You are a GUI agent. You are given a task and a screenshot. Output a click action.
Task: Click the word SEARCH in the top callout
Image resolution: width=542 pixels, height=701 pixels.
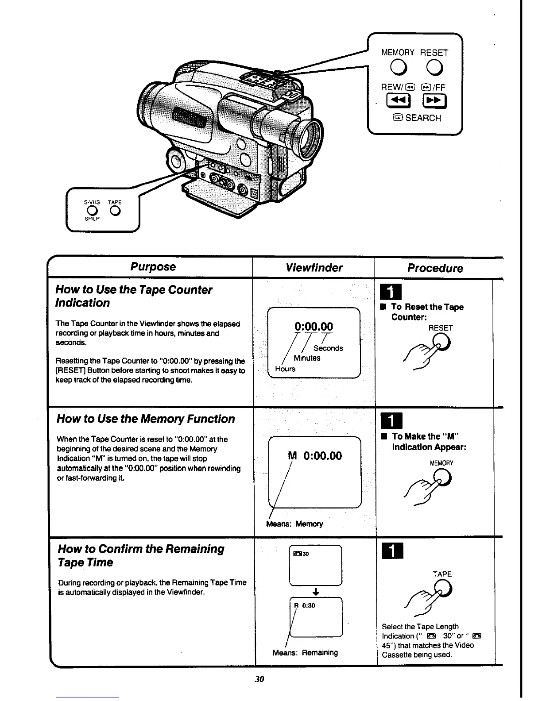click(423, 118)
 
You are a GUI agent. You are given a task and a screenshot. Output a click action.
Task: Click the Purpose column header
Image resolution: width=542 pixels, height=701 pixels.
click(153, 267)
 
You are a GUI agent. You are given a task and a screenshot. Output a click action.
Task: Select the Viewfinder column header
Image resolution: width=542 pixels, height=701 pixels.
click(314, 268)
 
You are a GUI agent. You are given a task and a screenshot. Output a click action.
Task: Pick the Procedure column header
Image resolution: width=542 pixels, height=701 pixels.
click(435, 268)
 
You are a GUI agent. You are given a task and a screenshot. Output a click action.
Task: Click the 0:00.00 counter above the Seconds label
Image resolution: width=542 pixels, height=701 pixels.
click(314, 327)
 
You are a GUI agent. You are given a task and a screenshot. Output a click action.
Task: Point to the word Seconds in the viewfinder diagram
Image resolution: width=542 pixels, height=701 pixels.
click(328, 348)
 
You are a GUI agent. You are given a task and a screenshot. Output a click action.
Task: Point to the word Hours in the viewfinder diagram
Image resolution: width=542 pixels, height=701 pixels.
click(285, 369)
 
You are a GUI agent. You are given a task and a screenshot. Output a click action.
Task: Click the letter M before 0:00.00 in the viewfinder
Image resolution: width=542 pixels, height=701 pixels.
click(292, 456)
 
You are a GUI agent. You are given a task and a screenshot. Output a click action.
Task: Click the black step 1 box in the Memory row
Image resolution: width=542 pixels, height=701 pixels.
click(390, 419)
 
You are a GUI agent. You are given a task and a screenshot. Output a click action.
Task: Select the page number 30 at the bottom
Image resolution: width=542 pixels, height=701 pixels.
click(259, 679)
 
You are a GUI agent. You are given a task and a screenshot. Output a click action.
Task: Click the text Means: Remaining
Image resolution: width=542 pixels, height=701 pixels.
click(305, 652)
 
